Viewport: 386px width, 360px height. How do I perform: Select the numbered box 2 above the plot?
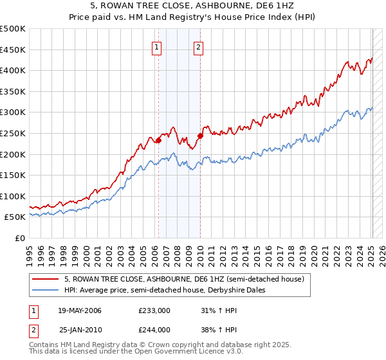pyautogui.click(x=198, y=46)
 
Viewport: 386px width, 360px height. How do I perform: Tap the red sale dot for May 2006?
pyautogui.click(x=158, y=140)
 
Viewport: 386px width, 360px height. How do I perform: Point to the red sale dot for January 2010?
pyautogui.click(x=200, y=136)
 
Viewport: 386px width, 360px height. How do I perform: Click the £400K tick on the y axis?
pyautogui.click(x=14, y=70)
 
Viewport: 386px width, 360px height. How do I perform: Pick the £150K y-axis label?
pyautogui.click(x=14, y=175)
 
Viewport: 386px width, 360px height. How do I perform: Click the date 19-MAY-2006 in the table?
pyautogui.click(x=80, y=310)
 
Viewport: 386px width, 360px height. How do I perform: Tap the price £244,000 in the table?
pyautogui.click(x=154, y=330)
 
